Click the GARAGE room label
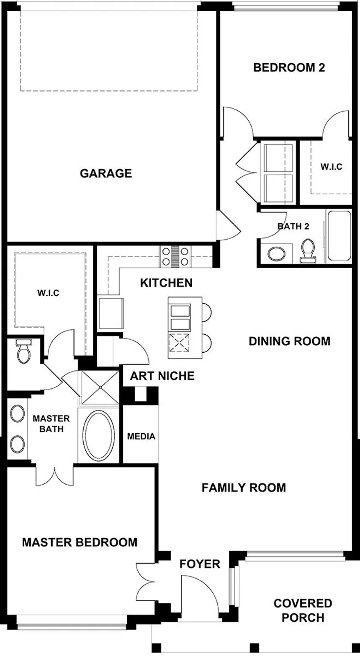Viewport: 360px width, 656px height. coord(106,173)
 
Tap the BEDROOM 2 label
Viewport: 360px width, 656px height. coord(289,67)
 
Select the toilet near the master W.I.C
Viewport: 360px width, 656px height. coord(23,351)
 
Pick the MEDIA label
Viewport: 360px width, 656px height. coord(141,436)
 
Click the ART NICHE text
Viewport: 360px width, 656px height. coord(162,376)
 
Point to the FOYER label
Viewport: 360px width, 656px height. coord(200,564)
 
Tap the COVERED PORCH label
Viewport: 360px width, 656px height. coord(303,610)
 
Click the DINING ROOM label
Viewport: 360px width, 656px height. coord(289,341)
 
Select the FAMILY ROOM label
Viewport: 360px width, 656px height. coord(244,488)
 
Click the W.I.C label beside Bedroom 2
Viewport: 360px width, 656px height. coord(331,167)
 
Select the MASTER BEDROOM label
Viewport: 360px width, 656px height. coord(80,542)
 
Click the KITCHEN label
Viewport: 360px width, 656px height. coord(166,283)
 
